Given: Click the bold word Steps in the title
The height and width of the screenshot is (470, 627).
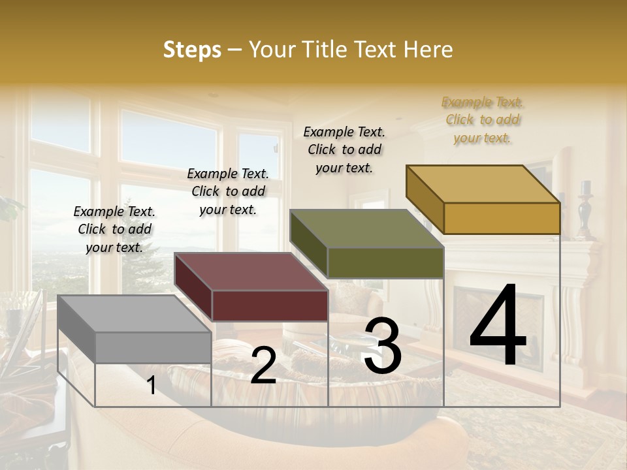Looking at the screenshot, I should coord(192,50).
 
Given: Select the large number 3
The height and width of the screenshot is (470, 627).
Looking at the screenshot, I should coord(383,346).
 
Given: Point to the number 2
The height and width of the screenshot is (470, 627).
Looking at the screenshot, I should coord(263,366).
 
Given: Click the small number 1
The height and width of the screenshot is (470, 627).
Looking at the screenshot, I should coord(152,385).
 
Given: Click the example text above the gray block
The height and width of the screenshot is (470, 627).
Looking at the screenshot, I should coord(114,229).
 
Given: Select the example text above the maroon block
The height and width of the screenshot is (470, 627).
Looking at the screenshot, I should coord(228,191).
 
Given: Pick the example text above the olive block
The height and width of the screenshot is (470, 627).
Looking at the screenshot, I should coord(344,149).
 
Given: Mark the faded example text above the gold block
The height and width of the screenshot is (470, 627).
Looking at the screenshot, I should coord(483,119).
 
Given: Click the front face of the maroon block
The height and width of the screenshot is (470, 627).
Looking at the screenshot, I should coord(270,305).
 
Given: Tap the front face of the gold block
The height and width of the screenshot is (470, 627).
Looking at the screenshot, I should coord(502,218).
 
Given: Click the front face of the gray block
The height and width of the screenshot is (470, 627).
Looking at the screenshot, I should coord(153,347).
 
